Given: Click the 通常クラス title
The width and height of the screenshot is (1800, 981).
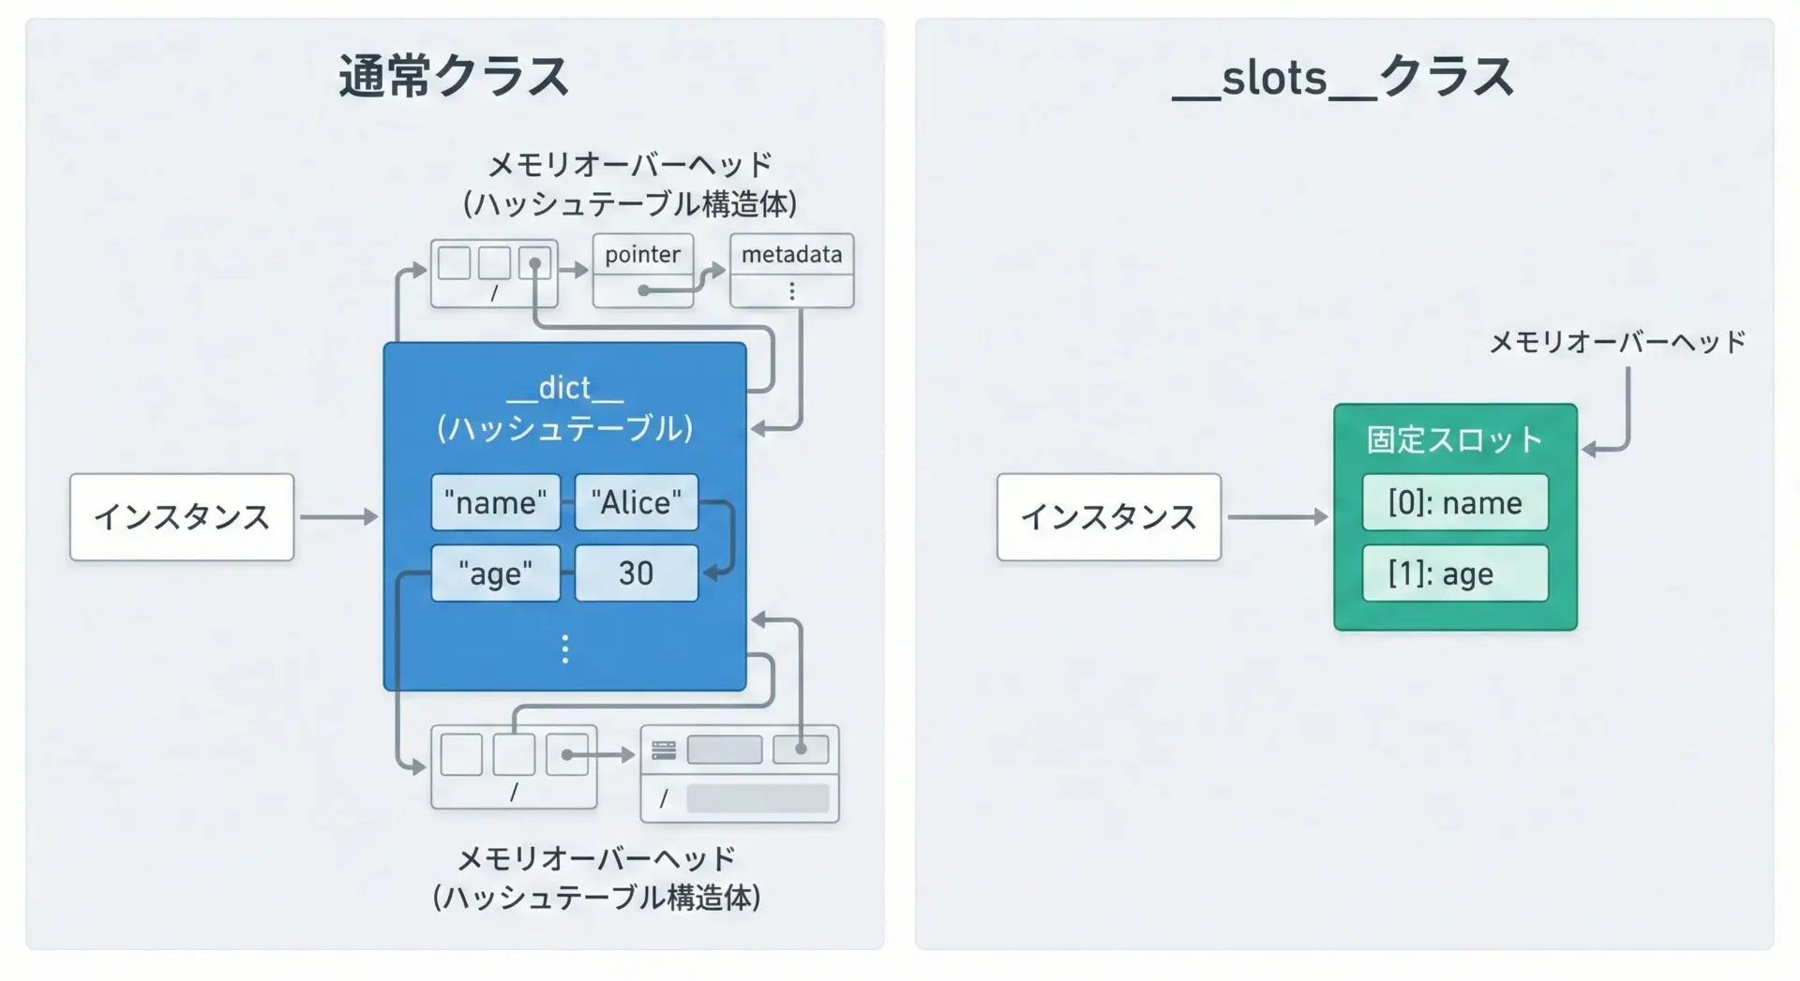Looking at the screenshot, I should tap(454, 77).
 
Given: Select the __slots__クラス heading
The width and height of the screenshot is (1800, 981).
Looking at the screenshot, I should tap(1343, 77).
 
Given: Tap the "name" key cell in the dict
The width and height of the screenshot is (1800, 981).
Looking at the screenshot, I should tap(495, 502).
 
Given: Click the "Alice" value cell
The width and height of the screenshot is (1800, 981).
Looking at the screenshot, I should tap(636, 502).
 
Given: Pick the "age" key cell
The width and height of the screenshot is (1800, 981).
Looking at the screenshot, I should tap(495, 572).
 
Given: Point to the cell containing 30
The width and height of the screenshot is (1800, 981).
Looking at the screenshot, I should tap(636, 572).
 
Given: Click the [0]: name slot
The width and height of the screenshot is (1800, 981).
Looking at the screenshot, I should tap(1454, 502).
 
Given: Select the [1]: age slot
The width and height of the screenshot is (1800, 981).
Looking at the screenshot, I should tap(1454, 572).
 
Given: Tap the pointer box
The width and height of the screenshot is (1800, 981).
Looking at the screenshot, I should tap(643, 255).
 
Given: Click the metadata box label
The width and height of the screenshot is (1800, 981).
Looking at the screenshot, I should tap(791, 255).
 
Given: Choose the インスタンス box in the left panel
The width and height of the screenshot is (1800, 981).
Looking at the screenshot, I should tap(182, 517).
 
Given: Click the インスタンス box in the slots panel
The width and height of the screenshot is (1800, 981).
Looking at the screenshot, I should tap(1108, 517).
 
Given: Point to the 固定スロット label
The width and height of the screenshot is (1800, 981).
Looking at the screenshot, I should tap(1454, 439).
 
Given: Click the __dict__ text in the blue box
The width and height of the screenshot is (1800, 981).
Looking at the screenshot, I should tap(564, 388).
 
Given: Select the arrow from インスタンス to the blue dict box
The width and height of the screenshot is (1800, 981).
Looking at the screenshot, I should tap(338, 517).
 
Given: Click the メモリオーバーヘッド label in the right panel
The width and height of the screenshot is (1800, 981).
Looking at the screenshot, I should tap(1617, 342).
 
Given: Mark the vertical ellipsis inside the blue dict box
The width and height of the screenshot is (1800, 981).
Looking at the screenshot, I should tap(564, 648).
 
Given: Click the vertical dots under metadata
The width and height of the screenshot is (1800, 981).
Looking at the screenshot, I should tap(792, 291).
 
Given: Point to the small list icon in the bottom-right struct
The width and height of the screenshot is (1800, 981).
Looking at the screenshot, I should tap(664, 750).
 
